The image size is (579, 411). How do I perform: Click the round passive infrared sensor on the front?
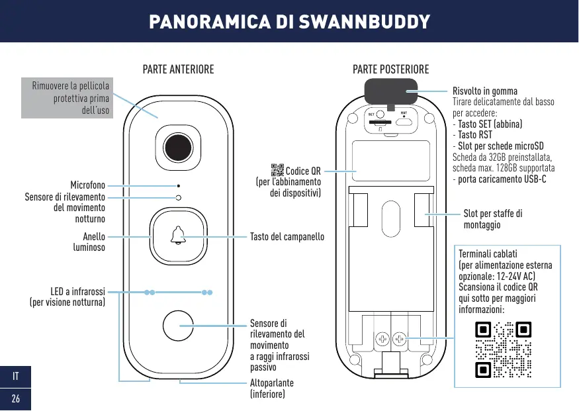(179, 326)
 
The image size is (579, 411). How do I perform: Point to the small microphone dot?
(179, 187)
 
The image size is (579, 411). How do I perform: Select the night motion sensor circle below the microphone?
(179, 197)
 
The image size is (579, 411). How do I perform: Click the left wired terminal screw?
(382, 339)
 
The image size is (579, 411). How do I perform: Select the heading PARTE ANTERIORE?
(179, 69)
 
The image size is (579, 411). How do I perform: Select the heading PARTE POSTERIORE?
(390, 69)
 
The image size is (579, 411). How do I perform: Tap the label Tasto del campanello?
(287, 236)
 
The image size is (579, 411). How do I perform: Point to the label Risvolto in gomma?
(484, 91)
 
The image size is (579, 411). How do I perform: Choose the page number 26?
(15, 398)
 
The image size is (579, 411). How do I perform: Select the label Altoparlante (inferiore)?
(272, 388)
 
